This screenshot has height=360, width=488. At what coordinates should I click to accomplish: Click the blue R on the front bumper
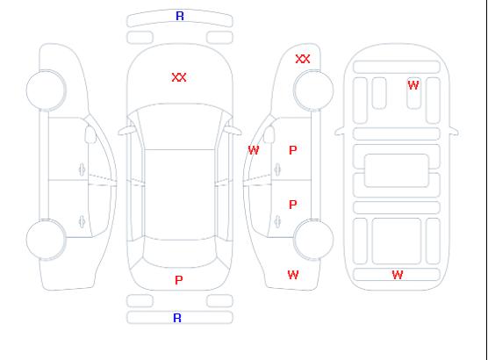pos(180,16)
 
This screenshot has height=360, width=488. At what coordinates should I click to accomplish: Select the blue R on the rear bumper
pos(177,318)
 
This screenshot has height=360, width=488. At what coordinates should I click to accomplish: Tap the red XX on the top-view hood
pos(179,77)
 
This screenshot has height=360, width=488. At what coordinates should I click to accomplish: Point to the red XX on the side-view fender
pos(303,59)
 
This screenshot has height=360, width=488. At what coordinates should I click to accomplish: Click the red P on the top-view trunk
pos(179,280)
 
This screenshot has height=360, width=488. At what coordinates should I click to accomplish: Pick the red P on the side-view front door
pos(293,150)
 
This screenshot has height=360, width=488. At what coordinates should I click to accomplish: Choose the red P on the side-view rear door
pos(293,205)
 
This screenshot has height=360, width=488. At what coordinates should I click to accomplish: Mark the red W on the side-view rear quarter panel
pos(293,275)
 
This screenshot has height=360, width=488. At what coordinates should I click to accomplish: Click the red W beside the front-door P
pos(254,150)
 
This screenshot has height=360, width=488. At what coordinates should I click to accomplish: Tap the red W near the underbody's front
pos(413,85)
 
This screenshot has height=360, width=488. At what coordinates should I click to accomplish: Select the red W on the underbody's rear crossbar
pos(398,275)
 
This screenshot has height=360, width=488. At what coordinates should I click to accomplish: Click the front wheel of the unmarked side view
pos(46,90)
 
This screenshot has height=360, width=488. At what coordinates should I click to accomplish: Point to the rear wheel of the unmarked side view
pos(46,240)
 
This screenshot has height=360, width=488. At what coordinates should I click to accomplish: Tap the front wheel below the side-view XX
pos(313,90)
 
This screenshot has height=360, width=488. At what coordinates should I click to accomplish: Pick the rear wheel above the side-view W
pos(313,240)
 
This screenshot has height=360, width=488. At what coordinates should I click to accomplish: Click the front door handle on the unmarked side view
pos(82,169)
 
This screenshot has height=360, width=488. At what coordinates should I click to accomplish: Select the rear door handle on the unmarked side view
pos(82,221)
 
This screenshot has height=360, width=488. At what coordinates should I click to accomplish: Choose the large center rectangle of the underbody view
pos(397,170)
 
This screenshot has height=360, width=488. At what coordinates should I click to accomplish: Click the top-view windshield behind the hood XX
pos(180,126)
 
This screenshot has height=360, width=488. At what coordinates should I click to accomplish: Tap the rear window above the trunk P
pos(180,252)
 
